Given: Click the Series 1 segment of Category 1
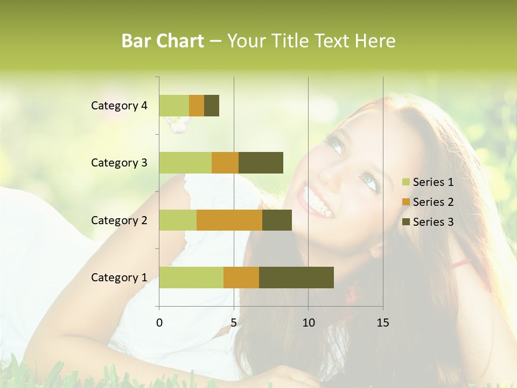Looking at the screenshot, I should pyautogui.click(x=191, y=277).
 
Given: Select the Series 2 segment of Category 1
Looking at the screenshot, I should pyautogui.click(x=241, y=277).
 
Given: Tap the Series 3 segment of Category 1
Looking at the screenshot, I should pyautogui.click(x=296, y=277).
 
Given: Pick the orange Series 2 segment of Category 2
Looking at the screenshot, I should pyautogui.click(x=229, y=220).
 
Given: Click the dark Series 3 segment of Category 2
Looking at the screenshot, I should pyautogui.click(x=277, y=220).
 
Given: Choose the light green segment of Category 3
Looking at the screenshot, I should pyautogui.click(x=185, y=163).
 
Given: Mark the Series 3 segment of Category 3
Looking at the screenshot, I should pyautogui.click(x=261, y=163).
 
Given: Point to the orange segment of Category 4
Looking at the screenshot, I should pyautogui.click(x=197, y=106).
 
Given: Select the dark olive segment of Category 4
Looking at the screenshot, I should pyautogui.click(x=212, y=106).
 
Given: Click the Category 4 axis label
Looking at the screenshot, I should pyautogui.click(x=119, y=106).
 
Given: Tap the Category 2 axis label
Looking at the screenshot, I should pyautogui.click(x=119, y=220).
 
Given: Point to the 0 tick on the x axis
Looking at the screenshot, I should pyautogui.click(x=159, y=323).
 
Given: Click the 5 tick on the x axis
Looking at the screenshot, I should pyautogui.click(x=234, y=323).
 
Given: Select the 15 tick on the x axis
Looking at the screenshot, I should pyautogui.click(x=383, y=323).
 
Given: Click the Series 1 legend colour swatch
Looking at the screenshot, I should pyautogui.click(x=406, y=182).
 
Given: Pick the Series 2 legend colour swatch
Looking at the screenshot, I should pyautogui.click(x=406, y=202).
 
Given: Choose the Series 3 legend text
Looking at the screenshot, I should pyautogui.click(x=433, y=222).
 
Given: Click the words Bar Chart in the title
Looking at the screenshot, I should pyautogui.click(x=163, y=41).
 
